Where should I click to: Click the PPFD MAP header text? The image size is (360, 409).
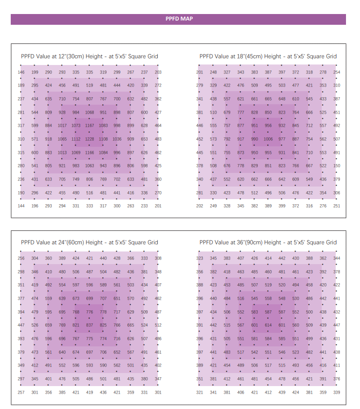pyautogui.click(x=179, y=19)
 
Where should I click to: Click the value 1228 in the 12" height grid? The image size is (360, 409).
pyautogui.click(x=89, y=139)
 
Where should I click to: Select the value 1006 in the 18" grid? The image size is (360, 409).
pyautogui.click(x=268, y=139)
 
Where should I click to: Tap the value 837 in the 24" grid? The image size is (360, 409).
pyautogui.click(x=89, y=325)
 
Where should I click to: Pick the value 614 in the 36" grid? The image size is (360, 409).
pyautogui.click(x=268, y=325)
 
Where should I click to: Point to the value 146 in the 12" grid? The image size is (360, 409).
pyautogui.click(x=21, y=72)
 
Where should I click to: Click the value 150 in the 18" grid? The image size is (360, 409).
pyautogui.click(x=337, y=166)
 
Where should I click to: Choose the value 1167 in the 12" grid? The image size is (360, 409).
pyautogui.click(x=89, y=126)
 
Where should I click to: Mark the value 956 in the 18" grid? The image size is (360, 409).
pyautogui.click(x=268, y=126)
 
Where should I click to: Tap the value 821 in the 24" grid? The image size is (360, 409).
pyautogui.click(x=76, y=325)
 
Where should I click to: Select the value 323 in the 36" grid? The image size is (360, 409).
pyautogui.click(x=200, y=258)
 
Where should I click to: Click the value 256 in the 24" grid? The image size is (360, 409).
pyautogui.click(x=21, y=258)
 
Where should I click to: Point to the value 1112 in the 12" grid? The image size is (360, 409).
pyautogui.click(x=76, y=139)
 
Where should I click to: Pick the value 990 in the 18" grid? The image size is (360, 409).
pyautogui.click(x=254, y=139)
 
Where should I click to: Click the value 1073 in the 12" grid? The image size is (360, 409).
pyautogui.click(x=76, y=126)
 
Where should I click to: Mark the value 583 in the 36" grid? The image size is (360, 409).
pyautogui.click(x=254, y=312)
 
